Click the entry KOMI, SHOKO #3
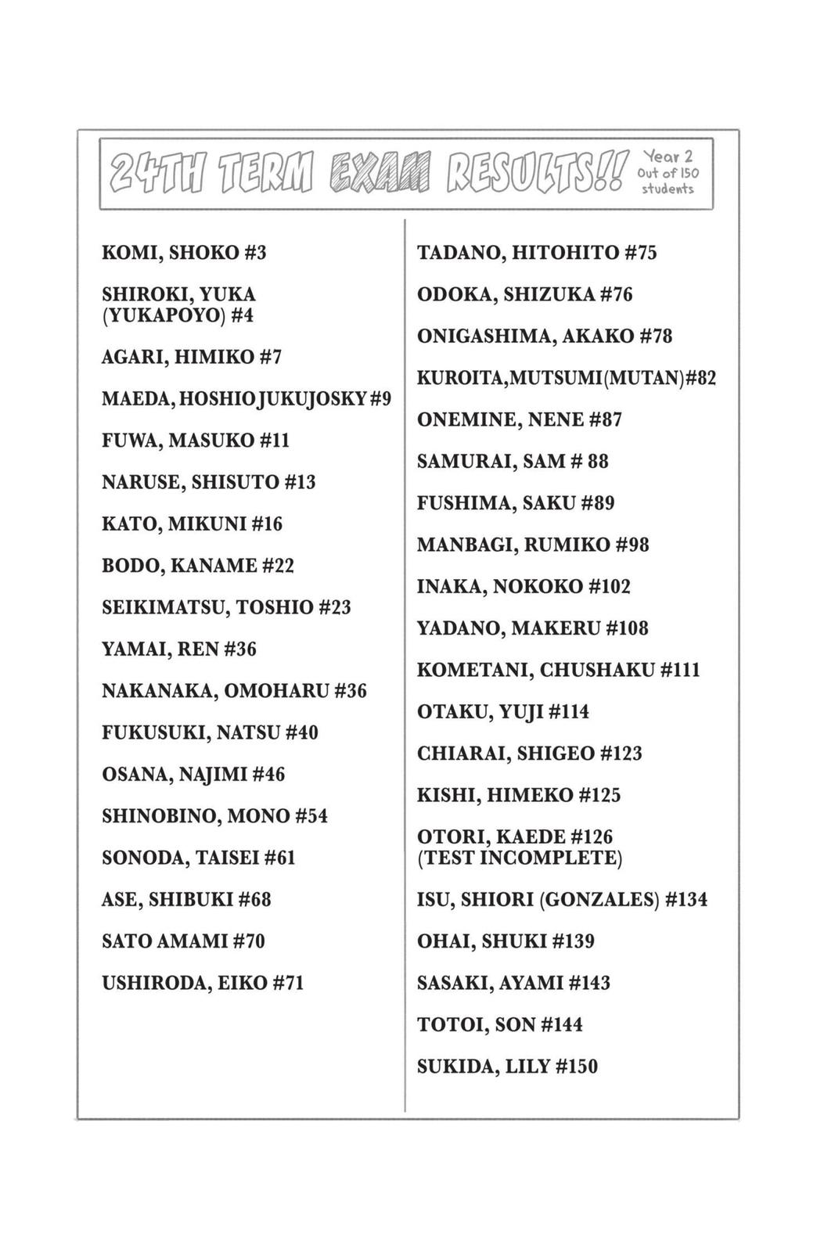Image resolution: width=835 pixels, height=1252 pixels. point(184,253)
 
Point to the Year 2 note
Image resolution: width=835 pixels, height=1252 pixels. point(667,157)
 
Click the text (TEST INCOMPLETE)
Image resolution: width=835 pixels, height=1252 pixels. point(520,858)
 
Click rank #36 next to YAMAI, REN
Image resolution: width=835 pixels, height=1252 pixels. point(239,649)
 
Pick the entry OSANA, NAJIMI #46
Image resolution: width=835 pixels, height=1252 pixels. point(193,775)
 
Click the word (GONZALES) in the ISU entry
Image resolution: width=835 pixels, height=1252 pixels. point(598,900)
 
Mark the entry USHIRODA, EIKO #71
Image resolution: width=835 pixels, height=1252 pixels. point(202,983)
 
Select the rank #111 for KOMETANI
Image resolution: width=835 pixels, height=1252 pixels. point(680,670)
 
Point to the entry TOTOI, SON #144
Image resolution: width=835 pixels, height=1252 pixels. point(499,1024)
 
